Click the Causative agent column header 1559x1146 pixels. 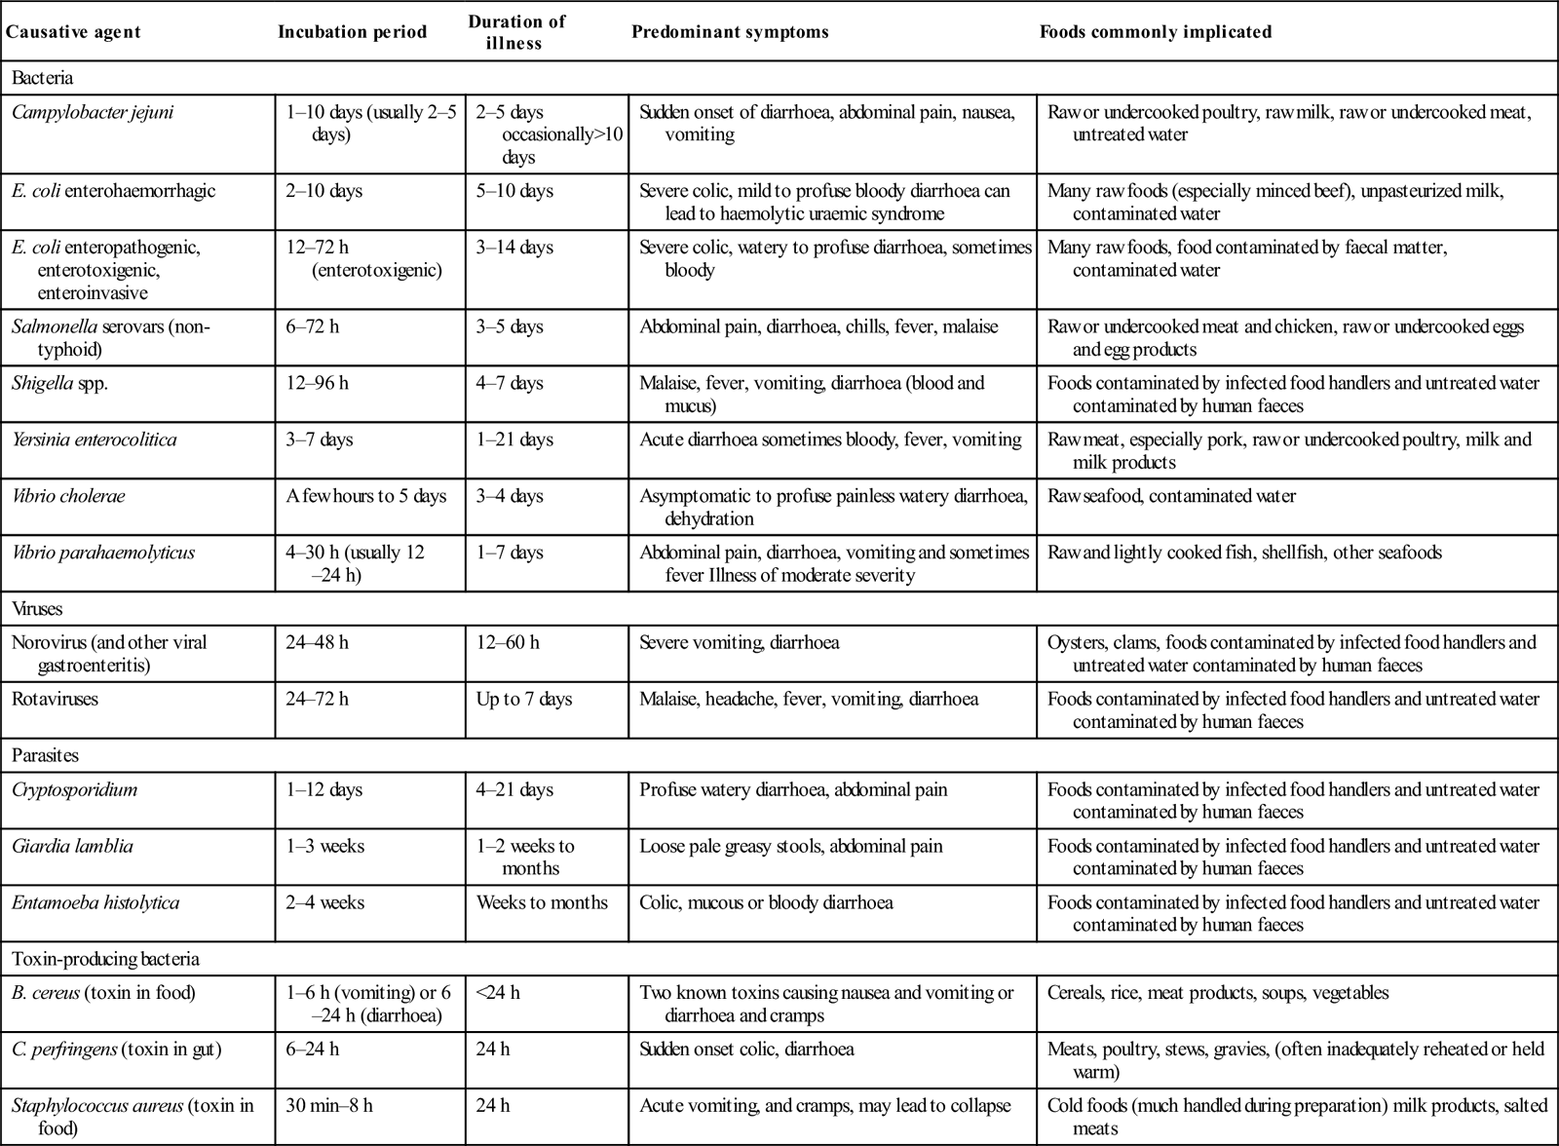pos(73,32)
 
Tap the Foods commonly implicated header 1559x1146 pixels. pos(1155,32)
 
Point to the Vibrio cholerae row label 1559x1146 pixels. pos(68,496)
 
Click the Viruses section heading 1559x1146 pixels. pos(37,609)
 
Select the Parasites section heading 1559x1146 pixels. pos(45,755)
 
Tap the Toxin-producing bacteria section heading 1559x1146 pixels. pos(105,959)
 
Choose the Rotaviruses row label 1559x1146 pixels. pos(56,699)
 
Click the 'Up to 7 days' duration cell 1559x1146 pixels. pos(524,699)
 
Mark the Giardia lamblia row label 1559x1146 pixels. pos(72,846)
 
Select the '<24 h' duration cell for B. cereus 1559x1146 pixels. pos(498,993)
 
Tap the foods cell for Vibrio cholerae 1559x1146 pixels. pos(1171,496)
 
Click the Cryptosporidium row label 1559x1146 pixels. pos(74,789)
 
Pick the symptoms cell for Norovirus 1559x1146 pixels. pos(739,642)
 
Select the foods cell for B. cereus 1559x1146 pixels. pos(1218,993)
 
